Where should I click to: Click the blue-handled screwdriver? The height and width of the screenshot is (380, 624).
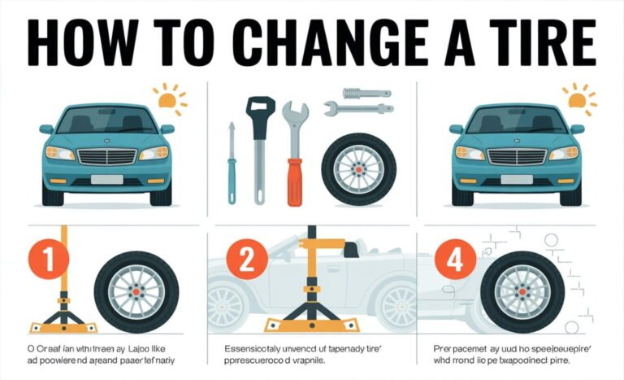(232, 163)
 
